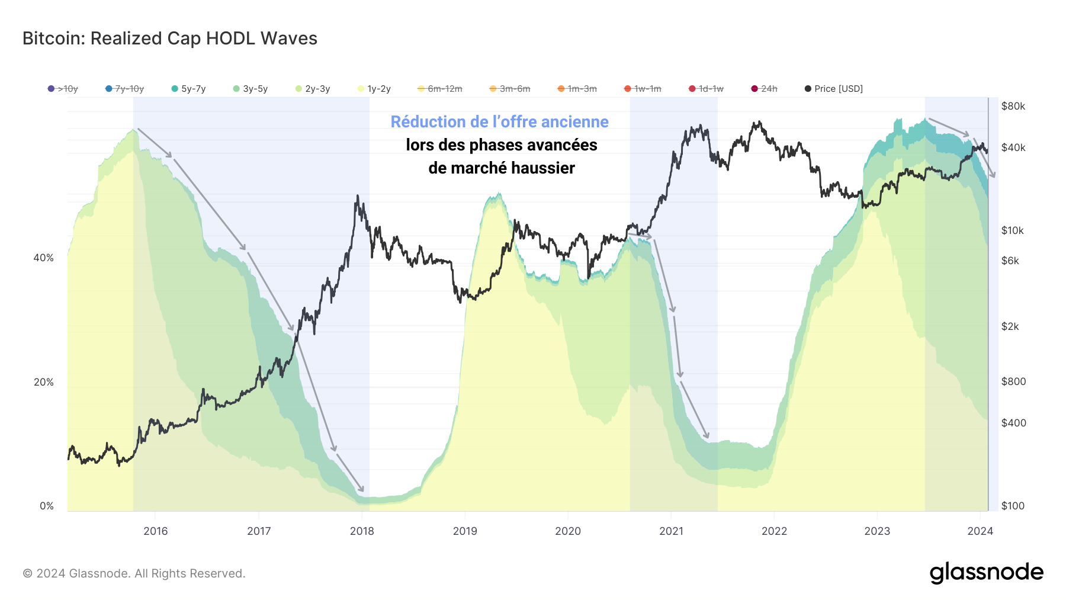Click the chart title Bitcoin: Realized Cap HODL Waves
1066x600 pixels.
(x=170, y=38)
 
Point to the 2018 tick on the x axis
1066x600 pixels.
(x=362, y=531)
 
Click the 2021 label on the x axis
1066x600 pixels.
(x=671, y=531)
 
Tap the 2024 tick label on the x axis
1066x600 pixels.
(x=980, y=531)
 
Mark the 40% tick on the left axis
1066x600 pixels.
(x=43, y=258)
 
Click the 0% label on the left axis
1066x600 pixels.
(x=47, y=506)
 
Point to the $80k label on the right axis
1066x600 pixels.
(x=1013, y=106)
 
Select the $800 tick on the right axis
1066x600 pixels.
(x=1013, y=381)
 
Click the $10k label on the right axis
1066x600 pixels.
(x=1012, y=230)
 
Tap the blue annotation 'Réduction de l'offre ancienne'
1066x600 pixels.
(x=499, y=121)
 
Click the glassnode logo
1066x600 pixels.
(x=986, y=573)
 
